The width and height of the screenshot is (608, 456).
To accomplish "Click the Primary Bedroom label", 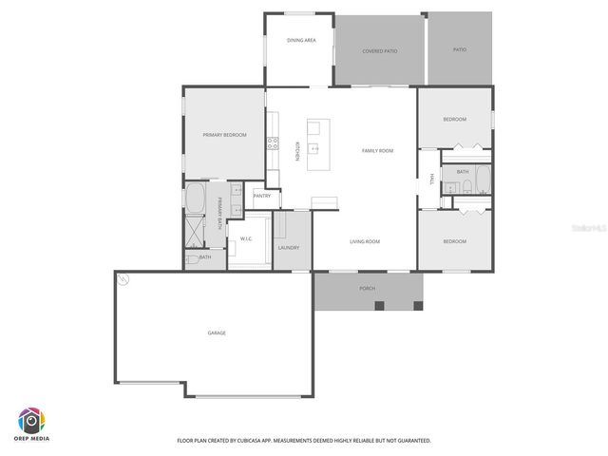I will click(224, 135).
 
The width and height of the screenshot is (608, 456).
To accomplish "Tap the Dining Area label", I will click(301, 40).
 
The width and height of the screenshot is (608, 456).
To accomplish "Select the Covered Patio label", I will click(380, 50).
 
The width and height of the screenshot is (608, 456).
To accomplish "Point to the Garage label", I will click(217, 332).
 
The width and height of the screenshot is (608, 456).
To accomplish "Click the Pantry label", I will click(262, 196).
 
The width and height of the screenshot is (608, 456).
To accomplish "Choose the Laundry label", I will click(289, 248).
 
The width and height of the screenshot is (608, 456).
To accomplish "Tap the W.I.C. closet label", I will click(245, 238).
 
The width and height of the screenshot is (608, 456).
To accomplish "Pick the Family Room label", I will click(377, 150).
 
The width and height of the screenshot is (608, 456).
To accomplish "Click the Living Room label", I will click(364, 241).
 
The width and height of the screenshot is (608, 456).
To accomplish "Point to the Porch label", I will click(367, 287).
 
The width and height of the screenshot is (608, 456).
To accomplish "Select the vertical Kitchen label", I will click(297, 150).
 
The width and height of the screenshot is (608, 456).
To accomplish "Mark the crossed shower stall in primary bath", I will click(196, 231).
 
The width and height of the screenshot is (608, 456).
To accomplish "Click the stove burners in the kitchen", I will click(273, 143).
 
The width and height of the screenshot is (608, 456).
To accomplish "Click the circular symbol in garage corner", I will click(123, 278).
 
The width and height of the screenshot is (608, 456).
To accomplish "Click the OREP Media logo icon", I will click(31, 420).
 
